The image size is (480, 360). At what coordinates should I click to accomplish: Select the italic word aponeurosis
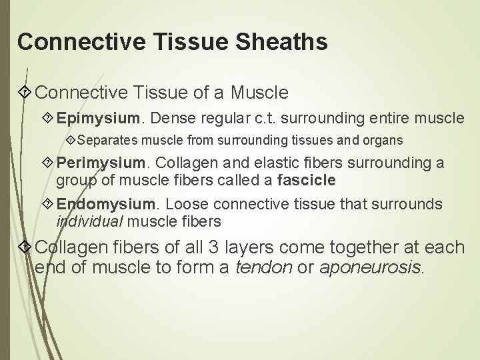pos(371,269)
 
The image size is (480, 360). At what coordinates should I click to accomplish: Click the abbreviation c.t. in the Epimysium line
pos(284,119)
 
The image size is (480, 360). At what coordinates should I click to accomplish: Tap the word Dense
pos(169,119)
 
